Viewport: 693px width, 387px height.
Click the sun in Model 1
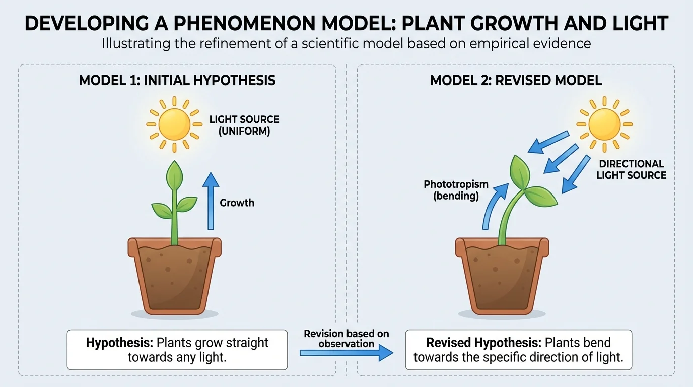point(174,123)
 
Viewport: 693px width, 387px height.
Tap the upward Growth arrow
point(210,202)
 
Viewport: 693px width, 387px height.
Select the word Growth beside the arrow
point(237,203)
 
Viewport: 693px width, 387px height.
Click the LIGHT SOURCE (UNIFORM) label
point(244,125)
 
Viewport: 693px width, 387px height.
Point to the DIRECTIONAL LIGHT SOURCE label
point(632,170)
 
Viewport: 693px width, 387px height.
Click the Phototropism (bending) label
point(455,190)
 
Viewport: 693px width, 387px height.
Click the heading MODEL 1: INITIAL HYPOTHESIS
point(177,81)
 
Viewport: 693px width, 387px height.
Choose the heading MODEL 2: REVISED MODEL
point(516,81)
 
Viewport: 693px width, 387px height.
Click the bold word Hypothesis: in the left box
point(119,343)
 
